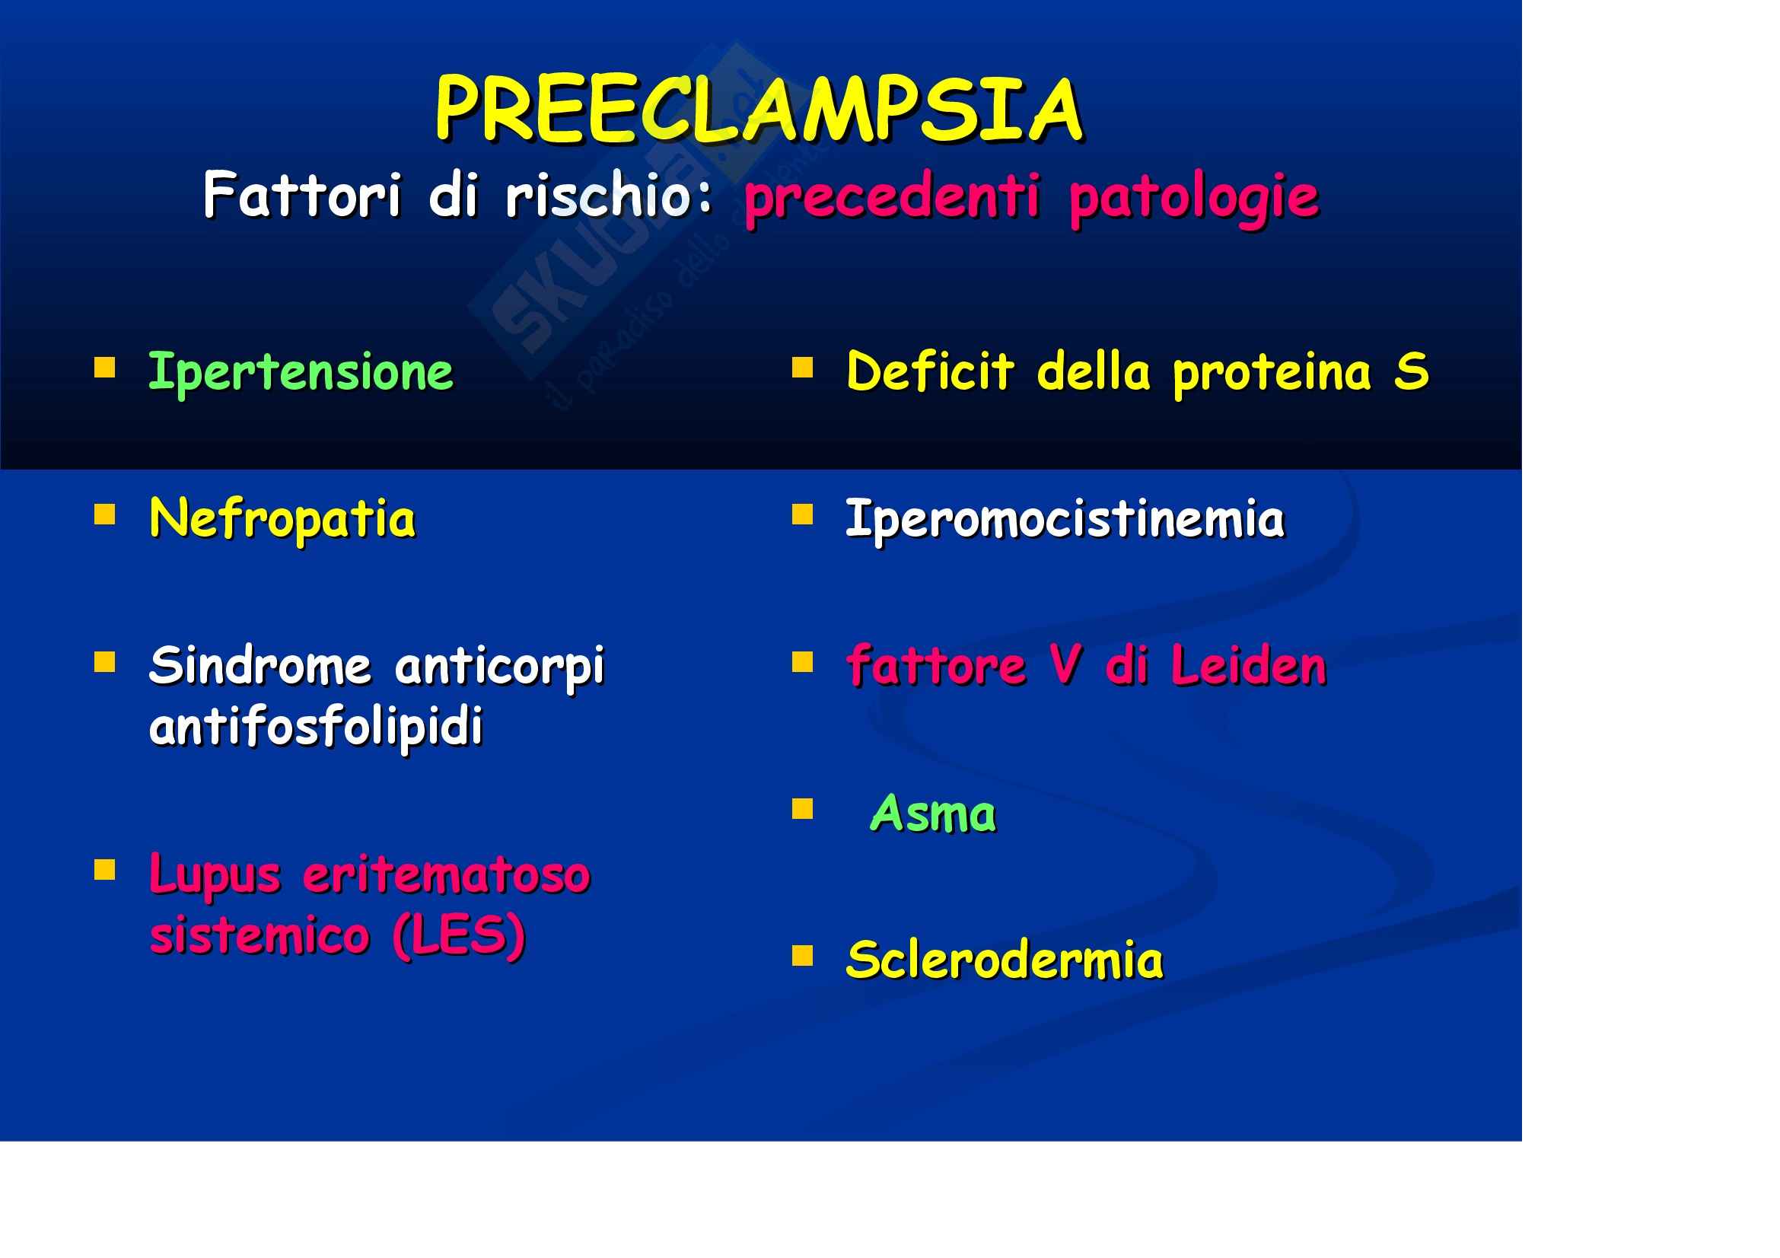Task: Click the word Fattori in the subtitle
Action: [x=302, y=195]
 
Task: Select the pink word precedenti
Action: [x=892, y=199]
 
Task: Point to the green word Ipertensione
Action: [x=301, y=373]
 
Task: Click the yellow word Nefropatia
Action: [x=282, y=519]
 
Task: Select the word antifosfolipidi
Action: [x=317, y=726]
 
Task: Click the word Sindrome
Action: [x=260, y=666]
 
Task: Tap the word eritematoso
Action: [x=447, y=875]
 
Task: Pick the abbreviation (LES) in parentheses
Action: [x=460, y=935]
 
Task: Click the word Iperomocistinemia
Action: [x=1065, y=519]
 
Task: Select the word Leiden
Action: [x=1249, y=665]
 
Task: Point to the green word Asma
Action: [x=934, y=813]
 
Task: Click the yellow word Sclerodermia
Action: [x=1005, y=960]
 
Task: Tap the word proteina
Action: [x=1272, y=373]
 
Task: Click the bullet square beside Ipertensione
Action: [x=105, y=367]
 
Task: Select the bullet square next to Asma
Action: [x=802, y=808]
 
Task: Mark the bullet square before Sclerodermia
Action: [x=802, y=956]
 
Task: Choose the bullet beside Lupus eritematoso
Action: [x=105, y=870]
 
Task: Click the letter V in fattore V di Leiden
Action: [x=1065, y=665]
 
